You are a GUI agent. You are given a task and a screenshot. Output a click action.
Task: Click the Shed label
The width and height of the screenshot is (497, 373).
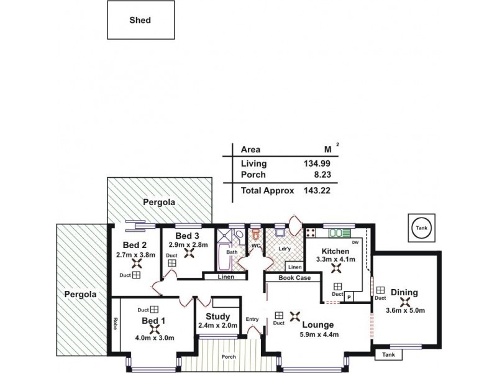(x=140, y=20)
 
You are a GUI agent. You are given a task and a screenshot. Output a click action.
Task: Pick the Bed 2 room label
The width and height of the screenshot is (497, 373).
(x=135, y=244)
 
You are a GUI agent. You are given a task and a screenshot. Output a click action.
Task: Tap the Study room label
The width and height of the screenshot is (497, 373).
(x=217, y=316)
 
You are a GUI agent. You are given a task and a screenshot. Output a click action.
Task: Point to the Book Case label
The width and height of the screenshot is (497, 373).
(x=294, y=278)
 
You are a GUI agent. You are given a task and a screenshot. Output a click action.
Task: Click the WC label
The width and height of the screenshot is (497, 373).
(x=255, y=246)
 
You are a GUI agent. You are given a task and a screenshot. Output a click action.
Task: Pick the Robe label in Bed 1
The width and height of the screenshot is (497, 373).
(x=116, y=324)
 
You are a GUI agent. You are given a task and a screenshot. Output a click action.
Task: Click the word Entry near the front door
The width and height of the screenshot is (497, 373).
(x=252, y=320)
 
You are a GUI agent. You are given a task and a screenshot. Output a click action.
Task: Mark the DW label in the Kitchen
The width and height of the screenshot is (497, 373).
(x=355, y=242)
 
